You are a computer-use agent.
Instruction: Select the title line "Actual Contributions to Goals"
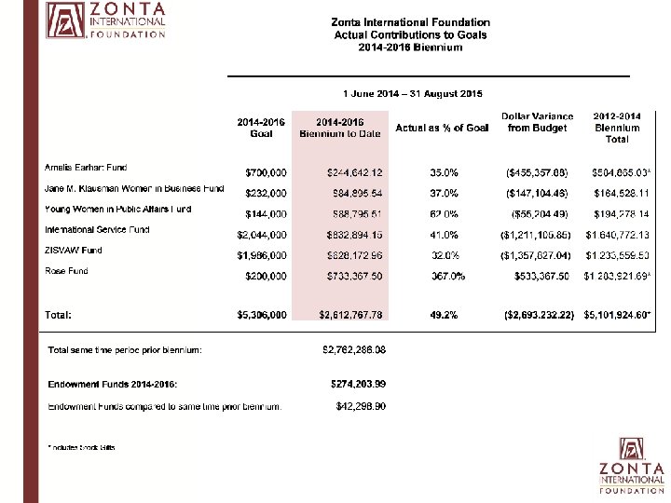click(410, 34)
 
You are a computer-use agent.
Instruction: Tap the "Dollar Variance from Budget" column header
click(537, 122)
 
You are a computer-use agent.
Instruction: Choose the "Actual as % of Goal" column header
click(442, 128)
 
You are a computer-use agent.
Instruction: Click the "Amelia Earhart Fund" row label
click(86, 168)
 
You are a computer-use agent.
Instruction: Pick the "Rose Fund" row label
click(66, 271)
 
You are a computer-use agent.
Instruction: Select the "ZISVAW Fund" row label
click(74, 251)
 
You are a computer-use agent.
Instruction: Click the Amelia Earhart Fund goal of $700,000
click(266, 172)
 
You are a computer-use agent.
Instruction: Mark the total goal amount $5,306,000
click(262, 316)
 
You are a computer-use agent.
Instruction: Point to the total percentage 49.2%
click(444, 316)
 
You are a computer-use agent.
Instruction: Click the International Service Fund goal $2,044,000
click(262, 235)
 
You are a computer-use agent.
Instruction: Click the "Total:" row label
click(58, 316)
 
